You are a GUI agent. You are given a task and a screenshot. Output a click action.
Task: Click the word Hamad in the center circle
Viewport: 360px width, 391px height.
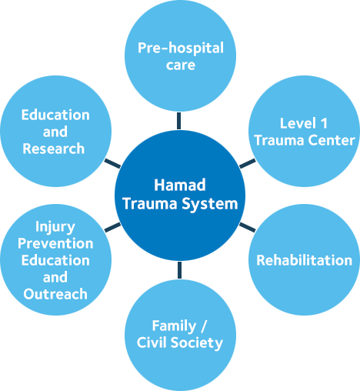(x=180, y=185)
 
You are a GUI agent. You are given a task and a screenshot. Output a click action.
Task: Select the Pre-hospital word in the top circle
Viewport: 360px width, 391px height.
(x=181, y=48)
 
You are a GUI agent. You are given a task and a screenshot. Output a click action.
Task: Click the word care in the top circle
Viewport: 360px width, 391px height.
(x=181, y=65)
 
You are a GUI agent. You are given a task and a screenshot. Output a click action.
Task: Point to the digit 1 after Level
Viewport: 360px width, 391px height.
(x=324, y=123)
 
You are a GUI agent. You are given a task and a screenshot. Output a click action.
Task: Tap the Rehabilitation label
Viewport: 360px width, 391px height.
(x=305, y=260)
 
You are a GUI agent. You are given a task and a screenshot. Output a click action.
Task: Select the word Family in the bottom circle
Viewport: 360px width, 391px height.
(x=174, y=326)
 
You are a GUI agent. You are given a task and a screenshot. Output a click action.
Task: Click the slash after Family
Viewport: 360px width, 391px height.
(x=204, y=326)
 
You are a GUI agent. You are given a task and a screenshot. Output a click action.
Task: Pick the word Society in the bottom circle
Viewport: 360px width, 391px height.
(x=197, y=343)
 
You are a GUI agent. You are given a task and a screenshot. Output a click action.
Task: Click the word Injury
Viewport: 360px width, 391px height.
(x=55, y=227)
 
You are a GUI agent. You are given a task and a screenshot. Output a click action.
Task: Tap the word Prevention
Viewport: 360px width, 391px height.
(x=55, y=243)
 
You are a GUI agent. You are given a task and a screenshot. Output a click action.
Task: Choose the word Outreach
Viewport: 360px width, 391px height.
(x=55, y=294)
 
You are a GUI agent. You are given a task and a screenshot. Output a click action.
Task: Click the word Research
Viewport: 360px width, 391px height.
(x=54, y=149)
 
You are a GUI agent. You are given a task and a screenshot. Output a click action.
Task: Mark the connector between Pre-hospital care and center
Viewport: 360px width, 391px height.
(x=178, y=121)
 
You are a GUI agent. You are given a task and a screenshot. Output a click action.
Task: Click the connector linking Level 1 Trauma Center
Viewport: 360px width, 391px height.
(x=248, y=163)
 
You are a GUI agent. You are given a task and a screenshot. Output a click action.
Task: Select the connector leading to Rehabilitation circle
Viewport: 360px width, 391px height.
(x=248, y=227)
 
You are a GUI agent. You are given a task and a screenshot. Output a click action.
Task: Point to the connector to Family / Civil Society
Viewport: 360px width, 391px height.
(x=179, y=270)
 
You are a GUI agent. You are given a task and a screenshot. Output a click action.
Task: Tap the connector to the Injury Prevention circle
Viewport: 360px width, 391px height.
(x=113, y=227)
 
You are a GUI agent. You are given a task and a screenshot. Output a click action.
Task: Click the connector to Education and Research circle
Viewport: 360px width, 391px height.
(x=112, y=163)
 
